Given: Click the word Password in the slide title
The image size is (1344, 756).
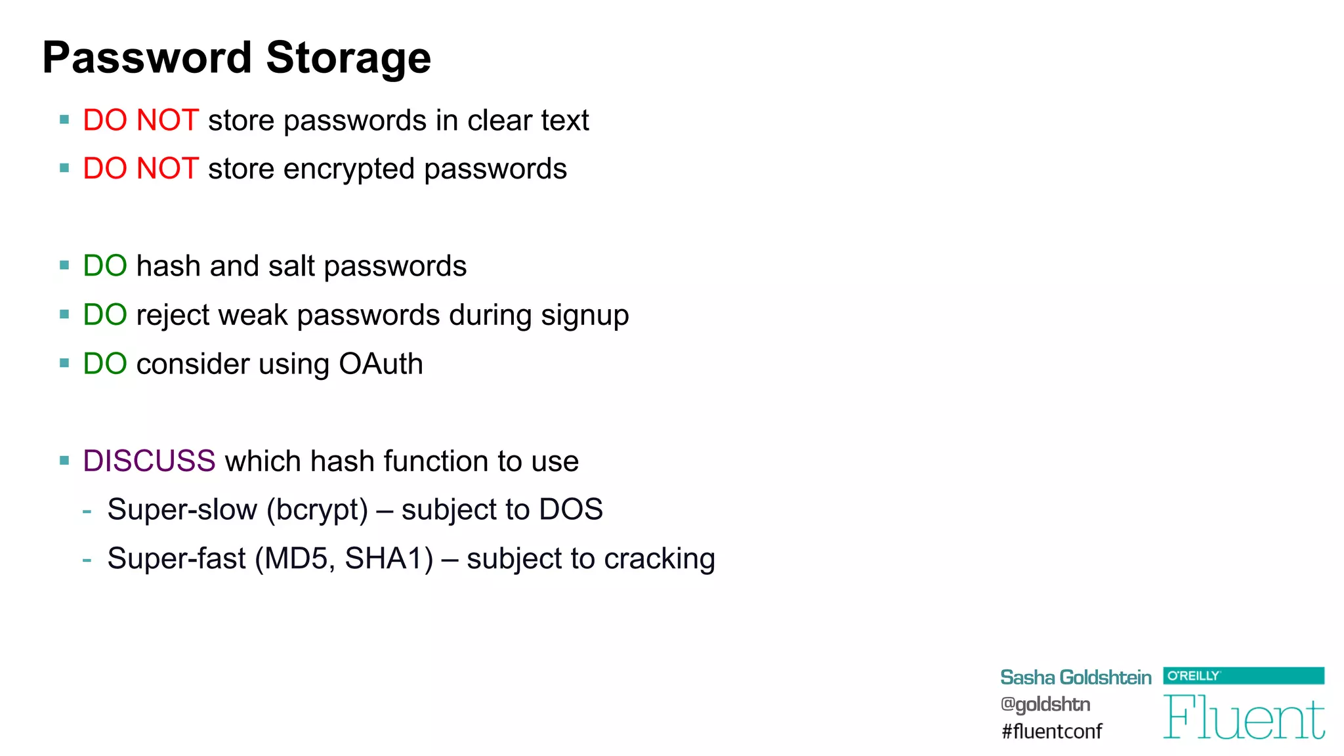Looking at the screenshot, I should coord(147,58).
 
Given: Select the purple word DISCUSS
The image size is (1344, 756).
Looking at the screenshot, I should coord(149,461).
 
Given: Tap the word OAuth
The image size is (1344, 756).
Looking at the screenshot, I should coord(381,364).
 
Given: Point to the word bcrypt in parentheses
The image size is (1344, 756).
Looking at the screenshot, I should coord(318,510).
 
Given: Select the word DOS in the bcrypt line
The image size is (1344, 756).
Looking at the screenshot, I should coord(570,510).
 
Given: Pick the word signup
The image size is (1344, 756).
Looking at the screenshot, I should coord(585,316).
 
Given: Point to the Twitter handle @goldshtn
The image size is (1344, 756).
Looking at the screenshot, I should coord(1045,704).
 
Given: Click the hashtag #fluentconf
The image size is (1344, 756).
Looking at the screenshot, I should coord(1051,731).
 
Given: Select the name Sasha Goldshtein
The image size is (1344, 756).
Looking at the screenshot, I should coord(1075,677).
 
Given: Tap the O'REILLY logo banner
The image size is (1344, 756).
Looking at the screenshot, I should coord(1243,675).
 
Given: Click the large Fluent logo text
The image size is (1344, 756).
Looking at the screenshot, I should coord(1244,718).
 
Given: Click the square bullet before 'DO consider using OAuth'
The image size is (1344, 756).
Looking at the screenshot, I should coord(64,363).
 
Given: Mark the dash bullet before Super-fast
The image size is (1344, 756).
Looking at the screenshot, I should coord(87,560).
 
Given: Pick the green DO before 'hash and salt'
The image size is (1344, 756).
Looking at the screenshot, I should coord(105,266).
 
